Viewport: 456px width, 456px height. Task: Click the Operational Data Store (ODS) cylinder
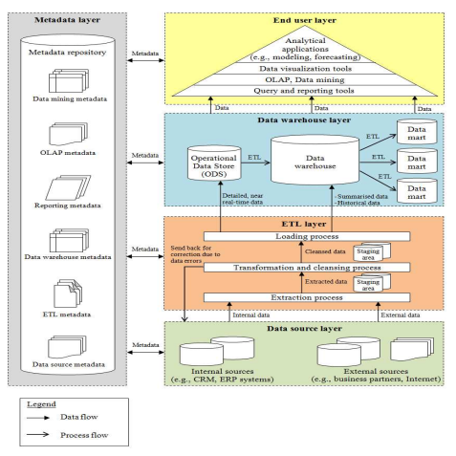pyautogui.click(x=214, y=163)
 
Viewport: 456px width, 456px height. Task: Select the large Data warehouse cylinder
pyautogui.click(x=315, y=160)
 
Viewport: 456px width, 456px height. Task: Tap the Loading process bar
pyautogui.click(x=307, y=236)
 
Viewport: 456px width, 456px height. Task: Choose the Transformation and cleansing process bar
pyautogui.click(x=307, y=268)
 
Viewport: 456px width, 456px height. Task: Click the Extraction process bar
pyautogui.click(x=307, y=297)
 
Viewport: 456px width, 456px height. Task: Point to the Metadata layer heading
pyautogui.click(x=67, y=20)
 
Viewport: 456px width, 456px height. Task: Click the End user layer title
pyautogui.click(x=305, y=20)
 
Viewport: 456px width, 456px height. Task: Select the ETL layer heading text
pyautogui.click(x=304, y=224)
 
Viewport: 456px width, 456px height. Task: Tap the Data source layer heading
pyautogui.click(x=304, y=329)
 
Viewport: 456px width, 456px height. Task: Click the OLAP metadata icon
pyautogui.click(x=68, y=134)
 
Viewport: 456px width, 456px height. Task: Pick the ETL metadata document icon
pyautogui.click(x=68, y=293)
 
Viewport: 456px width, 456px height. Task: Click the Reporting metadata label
pyautogui.click(x=68, y=206)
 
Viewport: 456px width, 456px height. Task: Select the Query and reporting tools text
pyautogui.click(x=304, y=91)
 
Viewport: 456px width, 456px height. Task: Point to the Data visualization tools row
pyautogui.click(x=305, y=69)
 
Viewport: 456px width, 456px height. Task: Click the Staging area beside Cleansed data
pyautogui.click(x=372, y=252)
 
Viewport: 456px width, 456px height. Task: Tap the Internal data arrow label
pyautogui.click(x=251, y=315)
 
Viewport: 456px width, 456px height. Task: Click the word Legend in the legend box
pyautogui.click(x=41, y=404)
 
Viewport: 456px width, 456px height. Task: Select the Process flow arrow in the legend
pyautogui.click(x=37, y=434)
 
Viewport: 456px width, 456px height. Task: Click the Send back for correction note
pyautogui.click(x=195, y=254)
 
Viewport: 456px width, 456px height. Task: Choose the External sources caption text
pyautogui.click(x=376, y=375)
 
